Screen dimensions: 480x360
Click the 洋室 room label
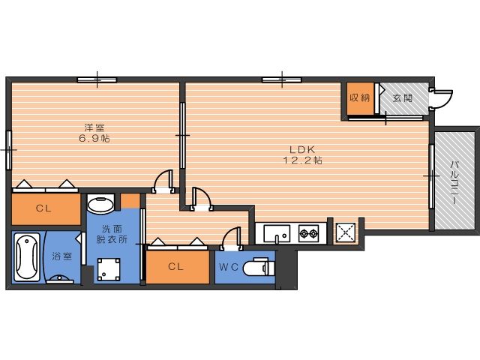(94, 127)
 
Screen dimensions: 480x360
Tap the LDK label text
(302, 149)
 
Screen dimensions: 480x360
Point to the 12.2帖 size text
(302, 160)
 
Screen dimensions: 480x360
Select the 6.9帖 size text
(94, 138)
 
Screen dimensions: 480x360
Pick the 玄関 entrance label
(403, 98)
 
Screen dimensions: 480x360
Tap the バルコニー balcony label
(454, 183)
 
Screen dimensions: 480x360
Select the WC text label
(229, 267)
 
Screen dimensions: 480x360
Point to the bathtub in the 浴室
(27, 257)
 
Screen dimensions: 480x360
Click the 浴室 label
(61, 256)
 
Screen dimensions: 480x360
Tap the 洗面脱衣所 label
(112, 234)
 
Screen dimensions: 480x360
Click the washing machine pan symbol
(109, 269)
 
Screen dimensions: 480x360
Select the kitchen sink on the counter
(277, 233)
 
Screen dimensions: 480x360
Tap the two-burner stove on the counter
(308, 233)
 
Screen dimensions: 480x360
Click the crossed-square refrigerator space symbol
(346, 232)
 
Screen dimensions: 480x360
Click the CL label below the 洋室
(43, 208)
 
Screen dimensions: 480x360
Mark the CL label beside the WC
(175, 267)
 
